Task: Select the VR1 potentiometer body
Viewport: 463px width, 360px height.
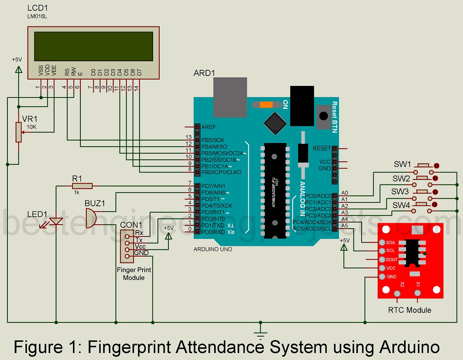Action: coord(19,132)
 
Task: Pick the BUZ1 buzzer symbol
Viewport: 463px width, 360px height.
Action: coord(90,218)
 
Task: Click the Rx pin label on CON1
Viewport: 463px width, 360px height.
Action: coord(139,233)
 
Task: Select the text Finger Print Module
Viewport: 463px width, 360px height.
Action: coord(134,274)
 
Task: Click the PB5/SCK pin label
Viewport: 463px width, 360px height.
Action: coord(213,140)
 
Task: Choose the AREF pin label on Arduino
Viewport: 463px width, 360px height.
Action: coord(209,127)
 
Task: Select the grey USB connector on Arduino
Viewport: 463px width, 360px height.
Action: coord(230,97)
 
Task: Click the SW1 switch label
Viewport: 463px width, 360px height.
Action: coord(402,164)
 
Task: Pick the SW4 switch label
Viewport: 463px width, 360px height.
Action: coord(401,205)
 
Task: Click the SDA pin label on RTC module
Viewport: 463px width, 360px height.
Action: coord(390,243)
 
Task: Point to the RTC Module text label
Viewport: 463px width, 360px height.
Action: coord(409,310)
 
